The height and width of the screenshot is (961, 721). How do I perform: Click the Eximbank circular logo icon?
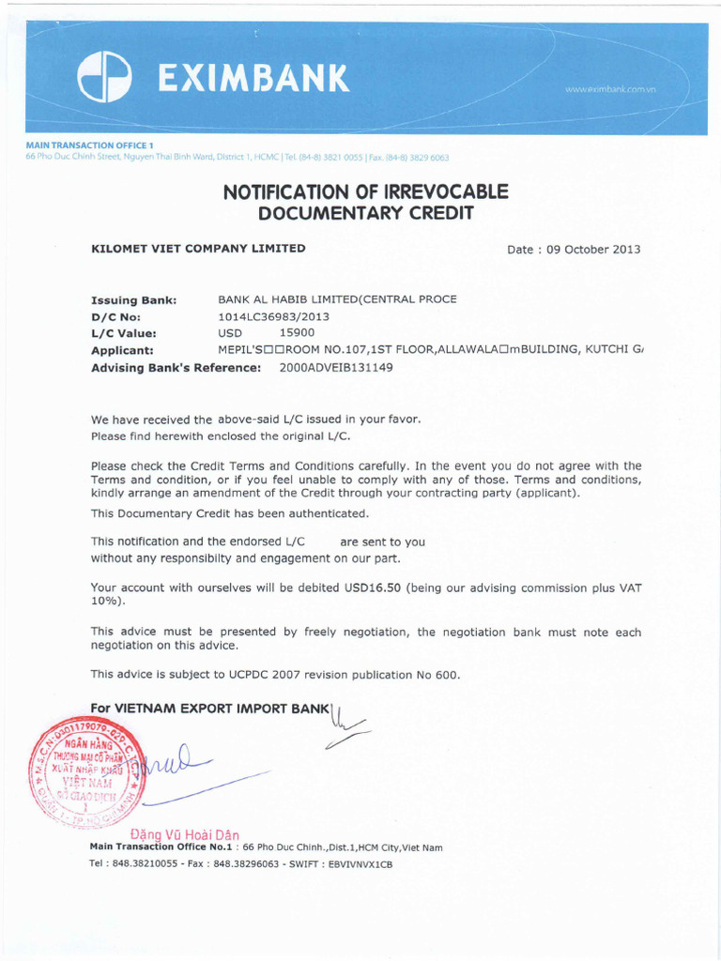(104, 77)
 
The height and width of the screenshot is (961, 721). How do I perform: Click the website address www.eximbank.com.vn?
(609, 89)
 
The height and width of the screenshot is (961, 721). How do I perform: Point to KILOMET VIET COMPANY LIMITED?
(198, 249)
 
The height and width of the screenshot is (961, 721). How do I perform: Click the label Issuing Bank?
(133, 300)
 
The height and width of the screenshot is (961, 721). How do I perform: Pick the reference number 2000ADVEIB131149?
(336, 367)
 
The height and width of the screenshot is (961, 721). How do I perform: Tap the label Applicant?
(122, 350)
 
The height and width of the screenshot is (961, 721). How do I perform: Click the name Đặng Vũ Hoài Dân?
(184, 834)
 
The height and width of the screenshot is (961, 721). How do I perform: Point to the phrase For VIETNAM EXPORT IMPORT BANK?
(211, 707)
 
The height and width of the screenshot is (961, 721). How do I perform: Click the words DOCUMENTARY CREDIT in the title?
(365, 214)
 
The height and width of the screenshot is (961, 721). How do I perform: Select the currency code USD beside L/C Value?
(230, 332)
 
